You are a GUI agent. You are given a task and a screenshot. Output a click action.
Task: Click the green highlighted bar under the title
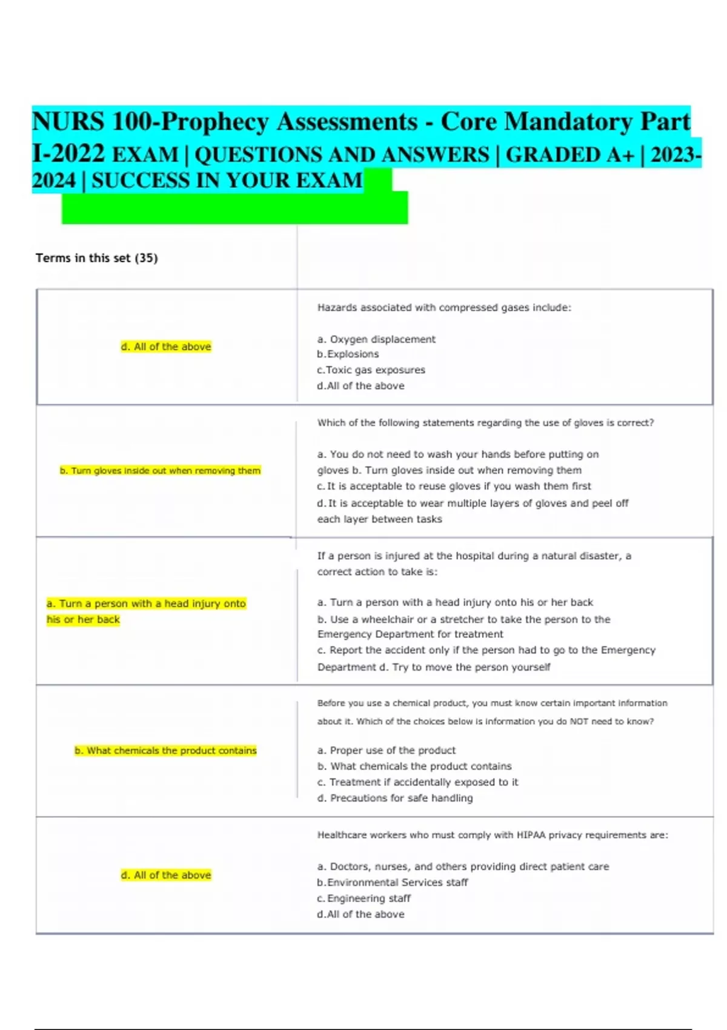[234, 208]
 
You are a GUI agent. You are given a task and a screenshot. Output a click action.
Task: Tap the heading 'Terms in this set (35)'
[96, 258]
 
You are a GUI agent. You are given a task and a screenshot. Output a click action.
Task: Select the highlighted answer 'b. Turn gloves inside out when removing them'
[160, 471]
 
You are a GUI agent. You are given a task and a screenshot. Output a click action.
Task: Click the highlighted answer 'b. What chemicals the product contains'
[165, 751]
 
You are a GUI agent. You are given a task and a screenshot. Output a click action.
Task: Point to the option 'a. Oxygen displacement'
[376, 339]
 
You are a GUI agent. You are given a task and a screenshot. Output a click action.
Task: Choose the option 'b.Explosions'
[348, 354]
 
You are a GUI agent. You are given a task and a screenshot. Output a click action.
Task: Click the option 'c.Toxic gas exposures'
[371, 370]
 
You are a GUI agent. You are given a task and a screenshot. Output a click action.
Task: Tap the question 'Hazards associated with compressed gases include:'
[444, 308]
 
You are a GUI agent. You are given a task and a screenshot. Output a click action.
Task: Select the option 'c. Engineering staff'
[363, 899]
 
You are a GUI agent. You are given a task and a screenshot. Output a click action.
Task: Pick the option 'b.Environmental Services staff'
[392, 883]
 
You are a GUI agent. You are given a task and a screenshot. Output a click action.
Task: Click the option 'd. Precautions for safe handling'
[395, 799]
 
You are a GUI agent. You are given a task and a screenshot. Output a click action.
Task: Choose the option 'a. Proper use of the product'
[387, 751]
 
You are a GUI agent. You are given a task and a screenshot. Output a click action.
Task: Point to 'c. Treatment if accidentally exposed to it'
[417, 783]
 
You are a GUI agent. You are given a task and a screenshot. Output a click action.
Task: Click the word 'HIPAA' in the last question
[531, 836]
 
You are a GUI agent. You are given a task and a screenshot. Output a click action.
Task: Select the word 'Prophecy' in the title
[214, 122]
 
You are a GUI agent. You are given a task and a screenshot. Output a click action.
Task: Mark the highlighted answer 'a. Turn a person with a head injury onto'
[146, 604]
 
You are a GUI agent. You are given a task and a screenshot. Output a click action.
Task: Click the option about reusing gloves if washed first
[454, 487]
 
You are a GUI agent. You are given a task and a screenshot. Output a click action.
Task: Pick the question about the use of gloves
[485, 423]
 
